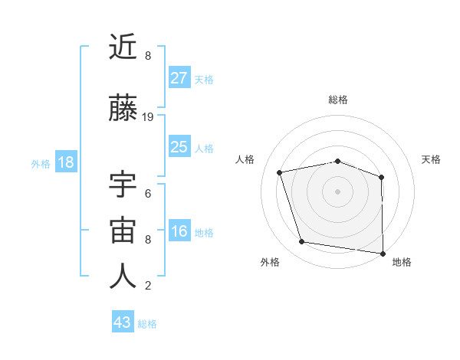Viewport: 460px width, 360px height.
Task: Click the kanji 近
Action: click(123, 47)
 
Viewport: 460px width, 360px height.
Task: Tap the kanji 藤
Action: click(123, 108)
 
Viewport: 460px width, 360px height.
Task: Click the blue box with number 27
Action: click(179, 78)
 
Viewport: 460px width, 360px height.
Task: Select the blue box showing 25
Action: click(179, 147)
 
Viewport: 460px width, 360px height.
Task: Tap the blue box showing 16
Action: click(179, 231)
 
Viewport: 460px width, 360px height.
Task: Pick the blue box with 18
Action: click(65, 162)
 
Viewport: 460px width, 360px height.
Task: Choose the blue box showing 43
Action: click(123, 322)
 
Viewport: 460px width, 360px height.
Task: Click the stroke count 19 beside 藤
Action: click(148, 117)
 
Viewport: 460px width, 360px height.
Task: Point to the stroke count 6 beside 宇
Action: click(148, 193)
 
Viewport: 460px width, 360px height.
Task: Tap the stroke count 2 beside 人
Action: click(148, 286)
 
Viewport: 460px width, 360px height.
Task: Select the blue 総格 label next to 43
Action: click(147, 323)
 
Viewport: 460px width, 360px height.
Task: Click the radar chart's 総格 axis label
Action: click(337, 100)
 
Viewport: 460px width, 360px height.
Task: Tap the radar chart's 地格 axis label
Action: click(402, 263)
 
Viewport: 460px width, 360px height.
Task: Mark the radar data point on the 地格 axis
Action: click(383, 253)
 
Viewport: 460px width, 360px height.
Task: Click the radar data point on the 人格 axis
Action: click(280, 172)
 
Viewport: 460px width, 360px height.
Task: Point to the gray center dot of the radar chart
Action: click(337, 191)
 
